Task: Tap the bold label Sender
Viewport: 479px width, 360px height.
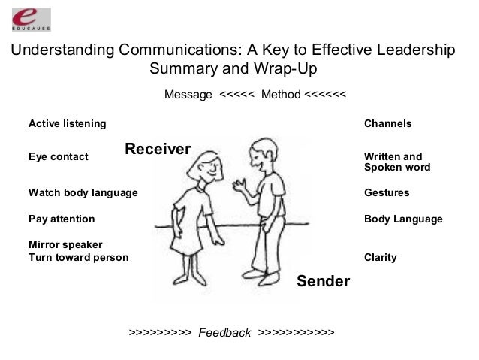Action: tap(324, 282)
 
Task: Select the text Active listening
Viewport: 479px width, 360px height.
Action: tap(67, 123)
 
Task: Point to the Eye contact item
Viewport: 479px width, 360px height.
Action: tap(58, 157)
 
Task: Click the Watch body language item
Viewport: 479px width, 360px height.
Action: tap(83, 193)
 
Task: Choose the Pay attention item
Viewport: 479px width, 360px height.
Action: tap(62, 219)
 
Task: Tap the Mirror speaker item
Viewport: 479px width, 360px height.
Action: tap(65, 245)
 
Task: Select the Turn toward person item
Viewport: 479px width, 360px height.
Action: tap(78, 257)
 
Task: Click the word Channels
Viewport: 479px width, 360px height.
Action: tap(387, 123)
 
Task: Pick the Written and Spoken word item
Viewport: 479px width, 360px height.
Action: tap(397, 162)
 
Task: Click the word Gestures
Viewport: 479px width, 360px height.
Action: tap(387, 193)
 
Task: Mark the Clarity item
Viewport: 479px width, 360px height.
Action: tap(380, 257)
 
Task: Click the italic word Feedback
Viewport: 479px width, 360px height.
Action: tap(224, 332)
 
